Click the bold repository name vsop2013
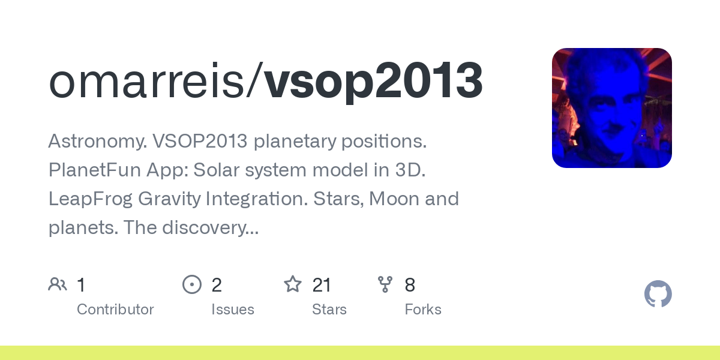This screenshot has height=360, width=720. click(x=373, y=81)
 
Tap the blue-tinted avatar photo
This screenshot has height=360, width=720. click(x=611, y=108)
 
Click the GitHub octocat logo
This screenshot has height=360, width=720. click(x=658, y=294)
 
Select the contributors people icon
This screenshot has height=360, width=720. click(x=58, y=284)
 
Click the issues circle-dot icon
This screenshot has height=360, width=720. click(x=192, y=284)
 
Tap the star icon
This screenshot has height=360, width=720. click(x=293, y=284)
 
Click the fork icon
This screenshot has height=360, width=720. click(x=385, y=284)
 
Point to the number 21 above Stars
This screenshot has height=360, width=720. click(x=322, y=285)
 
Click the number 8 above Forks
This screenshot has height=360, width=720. click(x=410, y=285)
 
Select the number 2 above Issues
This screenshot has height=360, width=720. click(x=217, y=285)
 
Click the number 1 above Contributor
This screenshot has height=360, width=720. click(x=82, y=285)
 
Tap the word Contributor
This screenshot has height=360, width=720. click(x=115, y=310)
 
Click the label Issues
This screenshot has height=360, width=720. click(x=233, y=310)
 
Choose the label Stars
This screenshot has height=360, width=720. click(x=329, y=310)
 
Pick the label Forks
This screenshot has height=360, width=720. click(x=423, y=310)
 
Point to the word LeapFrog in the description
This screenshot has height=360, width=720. click(x=88, y=199)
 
